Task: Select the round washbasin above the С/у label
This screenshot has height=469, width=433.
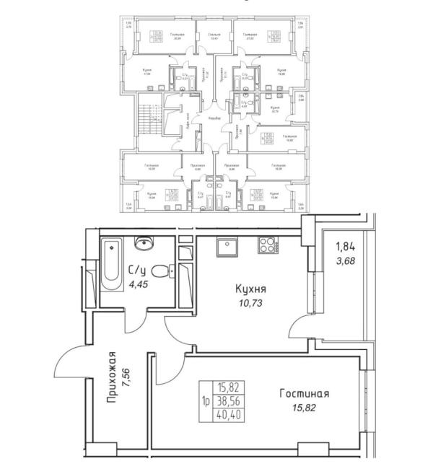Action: coord(144,244)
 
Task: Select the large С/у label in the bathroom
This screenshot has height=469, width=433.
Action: coord(139,272)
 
